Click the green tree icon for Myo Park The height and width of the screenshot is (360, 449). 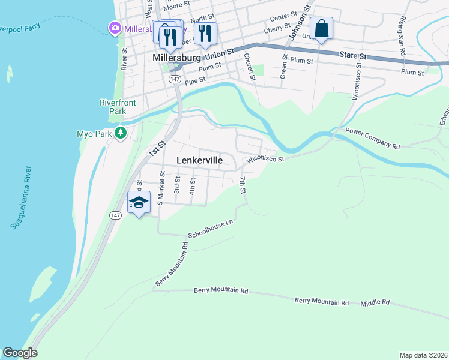point(121,133)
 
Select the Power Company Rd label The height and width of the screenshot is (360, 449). point(372,138)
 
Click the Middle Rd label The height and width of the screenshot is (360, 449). point(375,303)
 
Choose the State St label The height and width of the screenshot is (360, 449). point(352,55)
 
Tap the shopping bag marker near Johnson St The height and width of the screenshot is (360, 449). point(321,28)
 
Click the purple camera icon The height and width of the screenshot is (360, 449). point(115,28)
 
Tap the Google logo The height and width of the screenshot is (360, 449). point(20,353)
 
